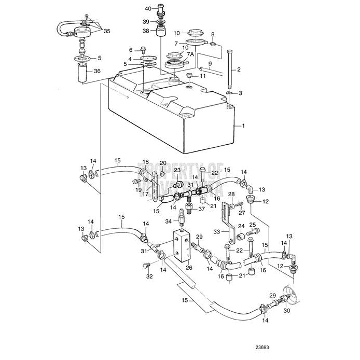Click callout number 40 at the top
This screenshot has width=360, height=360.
click(147, 9)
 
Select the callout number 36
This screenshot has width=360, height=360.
click(96, 72)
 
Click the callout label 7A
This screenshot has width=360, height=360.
click(190, 54)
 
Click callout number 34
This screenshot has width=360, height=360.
click(168, 221)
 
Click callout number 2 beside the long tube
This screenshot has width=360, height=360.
click(239, 69)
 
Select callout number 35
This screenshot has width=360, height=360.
click(107, 31)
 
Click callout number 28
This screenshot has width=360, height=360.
click(231, 194)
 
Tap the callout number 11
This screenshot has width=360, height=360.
click(203, 76)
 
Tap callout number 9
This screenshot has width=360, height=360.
click(210, 64)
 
